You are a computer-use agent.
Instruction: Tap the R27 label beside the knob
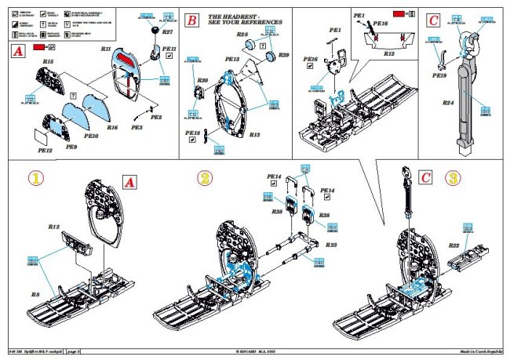coord(167,32)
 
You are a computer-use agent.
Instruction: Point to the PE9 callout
coord(71,147)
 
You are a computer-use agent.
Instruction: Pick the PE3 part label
coord(137,126)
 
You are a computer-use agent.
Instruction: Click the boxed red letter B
coord(191,21)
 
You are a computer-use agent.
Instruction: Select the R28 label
coord(242,36)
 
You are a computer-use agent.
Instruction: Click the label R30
coord(202,81)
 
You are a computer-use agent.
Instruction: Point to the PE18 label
coord(192,133)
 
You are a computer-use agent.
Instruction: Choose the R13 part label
coord(254,135)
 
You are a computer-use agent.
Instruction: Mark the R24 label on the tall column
coord(448,102)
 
